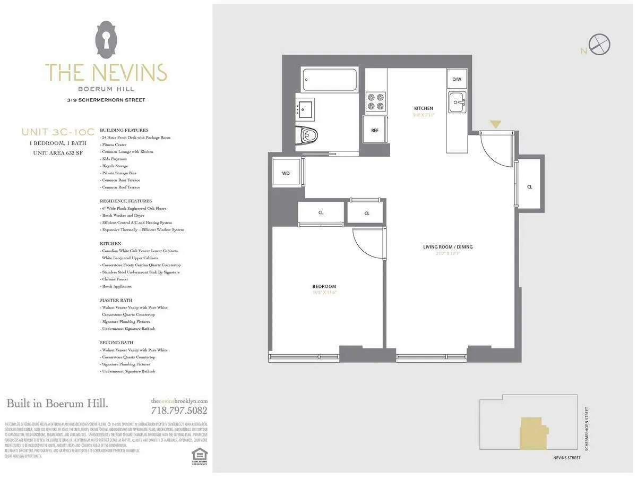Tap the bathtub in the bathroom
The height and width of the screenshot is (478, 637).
coord(329,80)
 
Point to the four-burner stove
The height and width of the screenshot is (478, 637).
coord(376,101)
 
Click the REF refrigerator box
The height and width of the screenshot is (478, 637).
coord(375,130)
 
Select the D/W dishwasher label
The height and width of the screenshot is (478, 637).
coord(457,79)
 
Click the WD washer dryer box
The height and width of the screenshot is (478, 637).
coord(286,173)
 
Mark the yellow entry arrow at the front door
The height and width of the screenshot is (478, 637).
coord(495,124)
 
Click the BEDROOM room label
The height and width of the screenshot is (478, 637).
coord(324,287)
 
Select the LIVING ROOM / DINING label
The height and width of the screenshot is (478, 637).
coord(447,247)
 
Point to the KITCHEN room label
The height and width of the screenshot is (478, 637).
coord(424,108)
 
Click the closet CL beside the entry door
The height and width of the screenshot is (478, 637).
coord(529,186)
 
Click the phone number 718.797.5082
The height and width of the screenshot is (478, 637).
coord(179,411)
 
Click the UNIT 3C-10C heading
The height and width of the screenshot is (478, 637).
coord(58,132)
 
